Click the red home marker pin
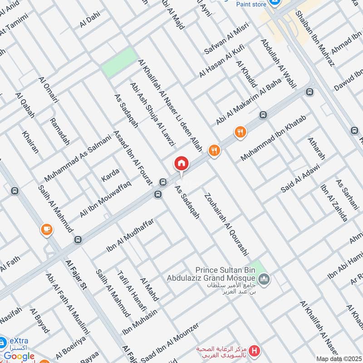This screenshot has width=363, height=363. pos(181,164)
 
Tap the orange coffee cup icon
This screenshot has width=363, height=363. pos(46,230)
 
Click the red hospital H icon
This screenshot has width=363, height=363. pos(255,351)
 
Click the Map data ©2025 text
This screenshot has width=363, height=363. pos(338,358)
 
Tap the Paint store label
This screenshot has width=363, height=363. pos(251,4)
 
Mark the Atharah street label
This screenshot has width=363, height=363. pos(316,148)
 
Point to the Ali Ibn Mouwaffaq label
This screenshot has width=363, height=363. pos(105,198)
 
